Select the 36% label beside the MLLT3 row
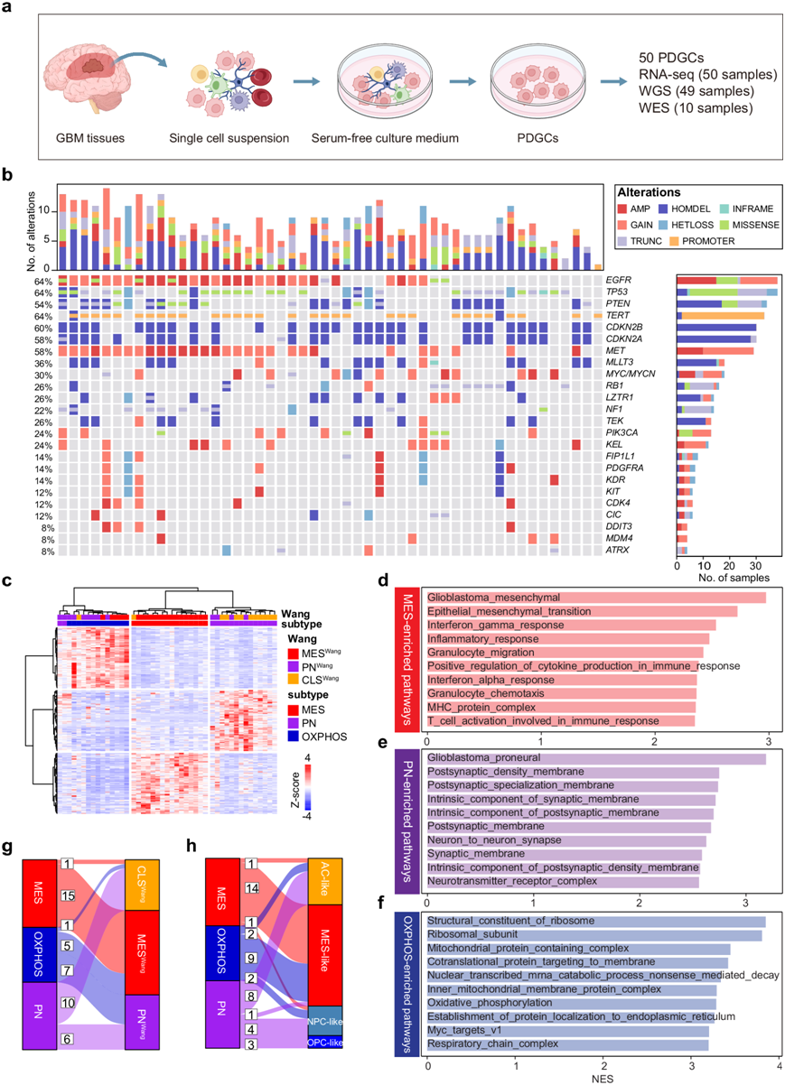42,363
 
